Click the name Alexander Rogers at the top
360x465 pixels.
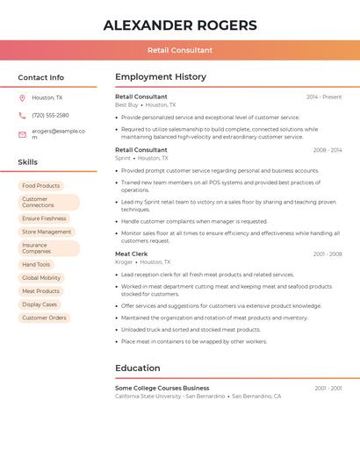[180, 25]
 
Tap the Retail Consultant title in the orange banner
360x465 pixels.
[180, 50]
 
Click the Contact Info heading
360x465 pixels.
[40, 77]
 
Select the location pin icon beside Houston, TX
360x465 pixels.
[22, 98]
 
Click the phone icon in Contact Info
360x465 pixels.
[22, 116]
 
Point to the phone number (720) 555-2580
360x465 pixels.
[50, 116]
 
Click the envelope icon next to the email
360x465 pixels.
[22, 134]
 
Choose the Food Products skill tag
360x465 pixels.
[41, 186]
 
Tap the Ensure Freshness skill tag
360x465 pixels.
[44, 218]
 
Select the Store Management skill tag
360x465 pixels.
[47, 232]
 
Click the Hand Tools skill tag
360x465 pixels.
[36, 264]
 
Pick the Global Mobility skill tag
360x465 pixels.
[41, 277]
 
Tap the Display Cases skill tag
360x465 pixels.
[40, 304]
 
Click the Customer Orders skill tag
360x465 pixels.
[44, 318]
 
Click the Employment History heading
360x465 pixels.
[160, 77]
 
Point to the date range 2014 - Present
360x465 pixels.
[324, 97]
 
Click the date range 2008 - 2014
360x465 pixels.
[328, 150]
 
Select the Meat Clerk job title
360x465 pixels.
[132, 254]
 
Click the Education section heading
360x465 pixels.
[138, 368]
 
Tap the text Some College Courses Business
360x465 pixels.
[162, 388]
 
